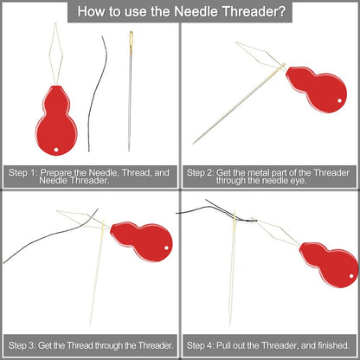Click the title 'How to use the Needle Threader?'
[x=180, y=13]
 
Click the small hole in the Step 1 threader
[x=58, y=149]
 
